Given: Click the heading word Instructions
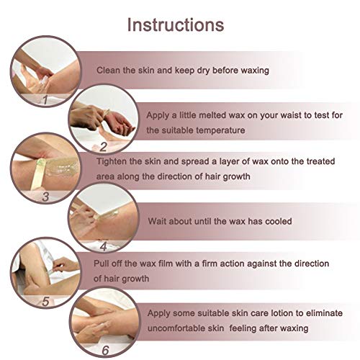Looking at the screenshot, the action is [176, 25].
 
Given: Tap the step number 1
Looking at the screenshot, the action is [45, 99].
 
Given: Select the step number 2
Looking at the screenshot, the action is [103, 147].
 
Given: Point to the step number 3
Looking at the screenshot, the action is [45, 197].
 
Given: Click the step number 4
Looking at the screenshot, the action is [104, 246].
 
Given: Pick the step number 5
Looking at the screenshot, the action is [45, 301].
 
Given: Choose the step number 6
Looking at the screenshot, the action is [105, 351].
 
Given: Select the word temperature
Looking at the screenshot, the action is [220, 130].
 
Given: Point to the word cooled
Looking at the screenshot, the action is [279, 221].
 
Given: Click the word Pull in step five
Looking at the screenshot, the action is [100, 264].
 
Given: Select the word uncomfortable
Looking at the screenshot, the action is [186, 328].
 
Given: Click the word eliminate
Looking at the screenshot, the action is [324, 313].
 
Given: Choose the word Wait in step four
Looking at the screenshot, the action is [157, 221].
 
